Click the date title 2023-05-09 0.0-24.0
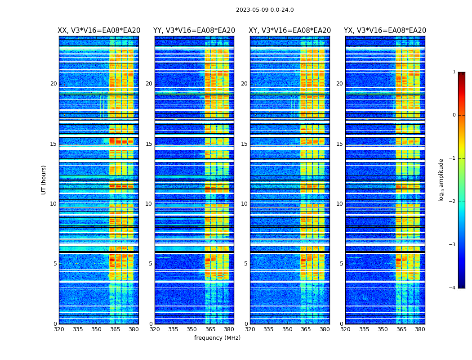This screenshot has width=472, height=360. pyautogui.click(x=265, y=10)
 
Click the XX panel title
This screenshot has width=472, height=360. pyautogui.click(x=99, y=31)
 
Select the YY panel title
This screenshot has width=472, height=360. pyautogui.click(x=194, y=31)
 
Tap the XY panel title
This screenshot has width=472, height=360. pyautogui.click(x=290, y=31)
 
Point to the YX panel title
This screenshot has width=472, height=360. pyautogui.click(x=385, y=31)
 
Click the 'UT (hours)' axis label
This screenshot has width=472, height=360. pyautogui.click(x=44, y=180)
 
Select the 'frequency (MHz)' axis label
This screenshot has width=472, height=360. pyautogui.click(x=217, y=338)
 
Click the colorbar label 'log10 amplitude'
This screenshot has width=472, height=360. pyautogui.click(x=441, y=180)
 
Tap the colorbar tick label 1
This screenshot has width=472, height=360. pyautogui.click(x=454, y=72)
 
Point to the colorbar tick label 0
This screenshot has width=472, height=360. pyautogui.click(x=454, y=115)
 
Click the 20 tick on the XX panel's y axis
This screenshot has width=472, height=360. pyautogui.click(x=53, y=84)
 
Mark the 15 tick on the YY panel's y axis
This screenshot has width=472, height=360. pyautogui.click(x=149, y=144)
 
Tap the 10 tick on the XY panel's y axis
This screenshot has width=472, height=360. pyautogui.click(x=244, y=204)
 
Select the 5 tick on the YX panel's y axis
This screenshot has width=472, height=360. pyautogui.click(x=341, y=264)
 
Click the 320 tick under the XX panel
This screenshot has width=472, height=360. pyautogui.click(x=59, y=329)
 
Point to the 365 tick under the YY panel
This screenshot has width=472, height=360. pyautogui.click(x=210, y=329)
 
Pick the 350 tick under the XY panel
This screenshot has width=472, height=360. pyautogui.click(x=287, y=329)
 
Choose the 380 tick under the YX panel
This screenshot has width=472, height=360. pyautogui.click(x=420, y=329)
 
